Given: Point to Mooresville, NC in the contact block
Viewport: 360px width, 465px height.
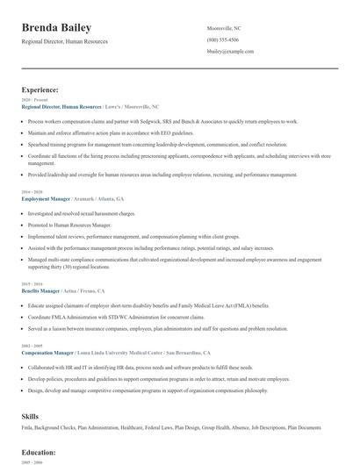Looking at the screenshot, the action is click(x=224, y=29).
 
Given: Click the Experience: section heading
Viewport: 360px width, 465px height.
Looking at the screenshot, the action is click(x=40, y=89).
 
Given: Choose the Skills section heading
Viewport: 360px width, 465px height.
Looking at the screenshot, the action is click(x=31, y=414).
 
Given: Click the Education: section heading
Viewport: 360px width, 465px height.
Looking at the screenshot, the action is click(x=39, y=452).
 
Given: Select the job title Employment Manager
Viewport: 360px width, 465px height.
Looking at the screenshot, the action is click(x=46, y=199).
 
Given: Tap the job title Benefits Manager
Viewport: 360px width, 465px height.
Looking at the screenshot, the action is click(x=42, y=290).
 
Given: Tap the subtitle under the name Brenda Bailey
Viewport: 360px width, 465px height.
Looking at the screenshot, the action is click(x=68, y=43).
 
